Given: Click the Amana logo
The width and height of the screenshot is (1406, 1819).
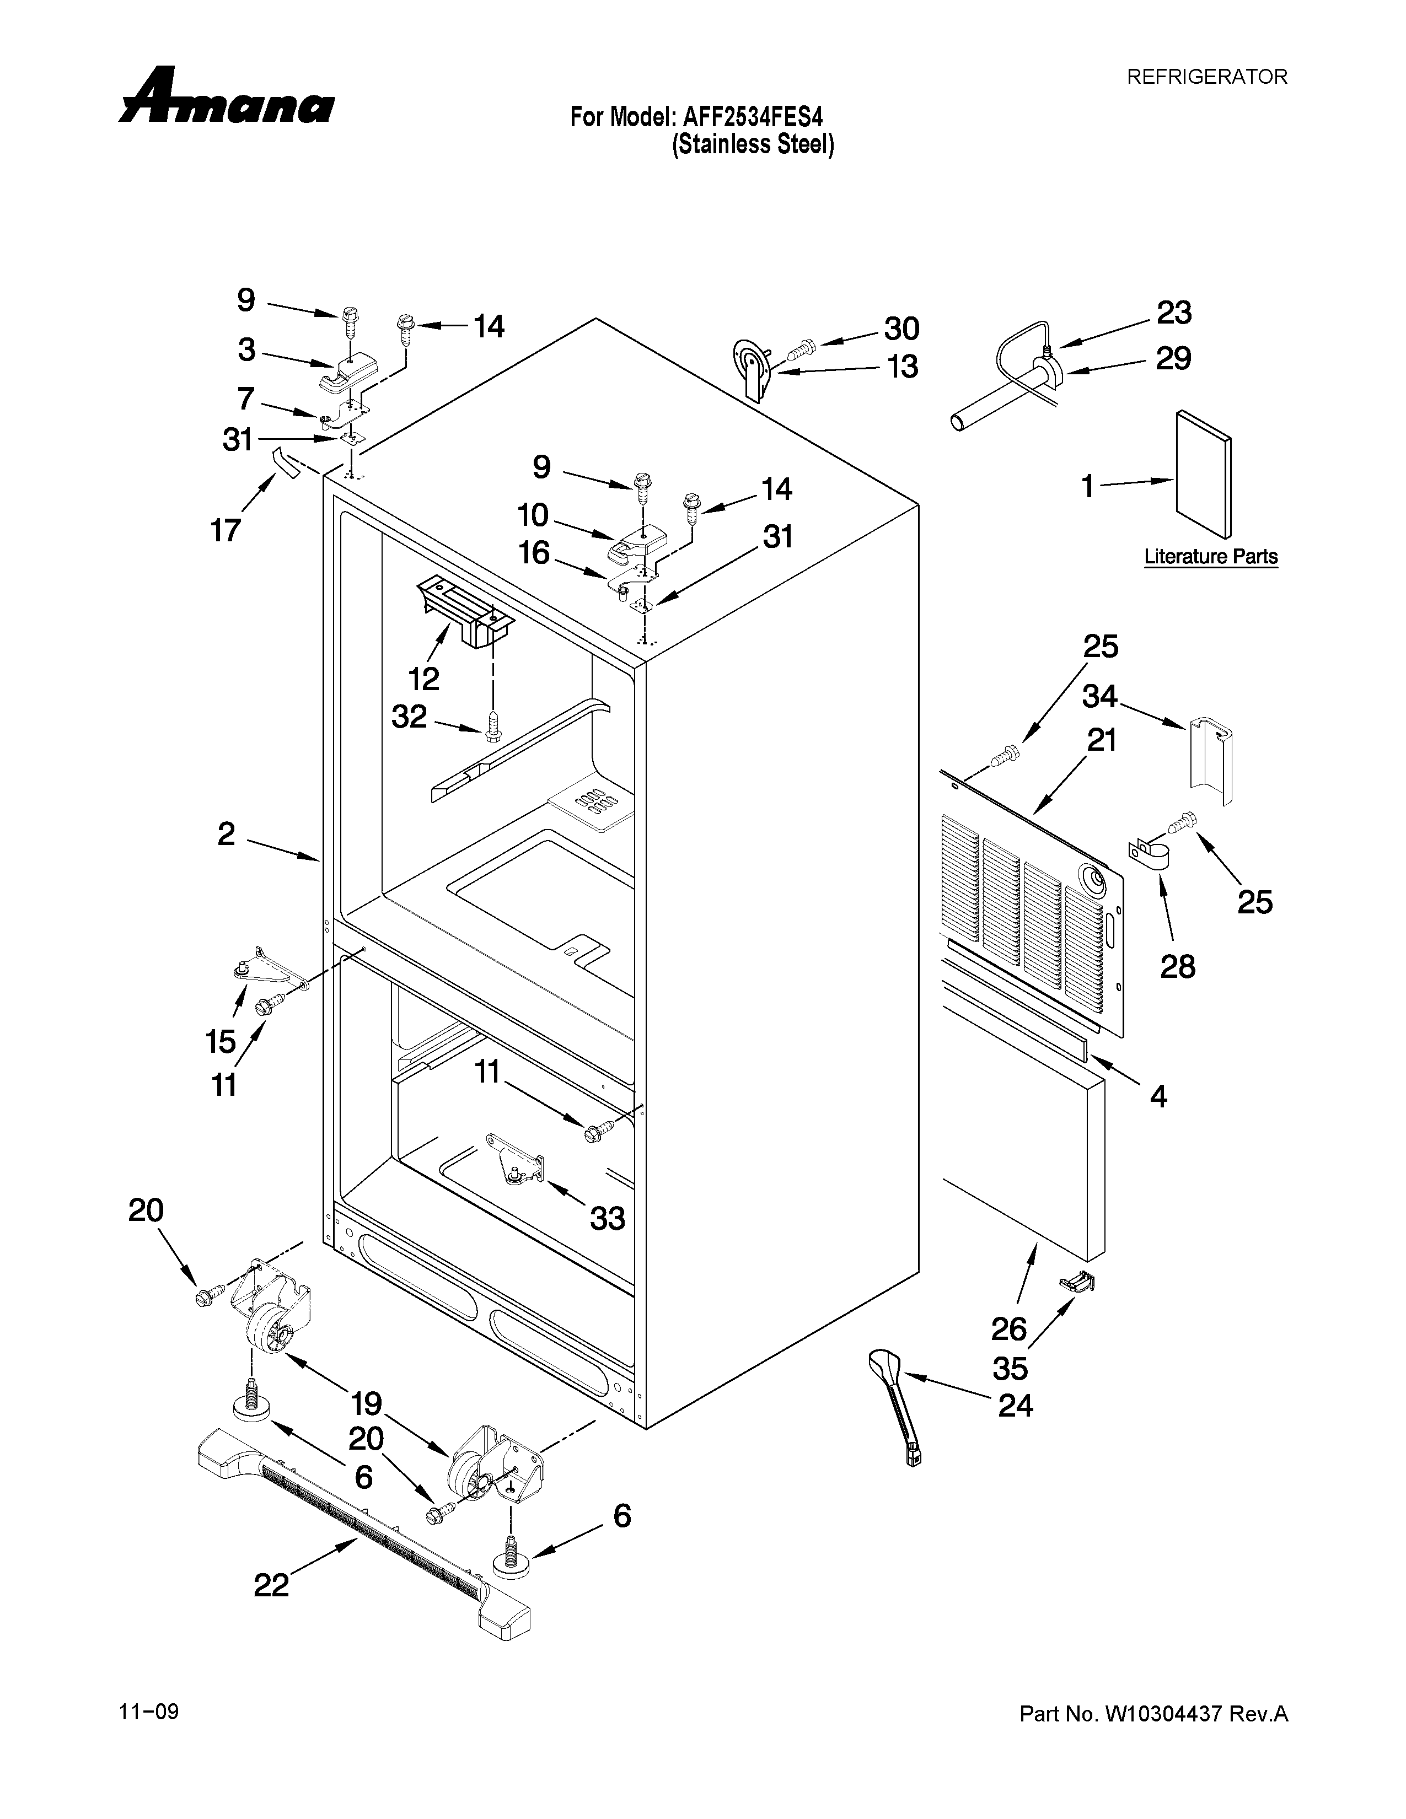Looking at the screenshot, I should (227, 98).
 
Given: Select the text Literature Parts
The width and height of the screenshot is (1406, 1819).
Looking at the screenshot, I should (1210, 556).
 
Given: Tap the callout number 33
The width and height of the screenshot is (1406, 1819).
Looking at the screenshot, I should (607, 1219).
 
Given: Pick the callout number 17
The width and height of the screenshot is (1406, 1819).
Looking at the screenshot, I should (226, 530).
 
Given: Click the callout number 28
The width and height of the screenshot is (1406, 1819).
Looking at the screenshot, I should (1178, 966).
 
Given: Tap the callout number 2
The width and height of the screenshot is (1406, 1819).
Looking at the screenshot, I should (227, 833).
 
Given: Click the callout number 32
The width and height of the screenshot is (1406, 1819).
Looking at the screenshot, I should (409, 715).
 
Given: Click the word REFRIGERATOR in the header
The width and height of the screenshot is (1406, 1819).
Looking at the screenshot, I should (1207, 77).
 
